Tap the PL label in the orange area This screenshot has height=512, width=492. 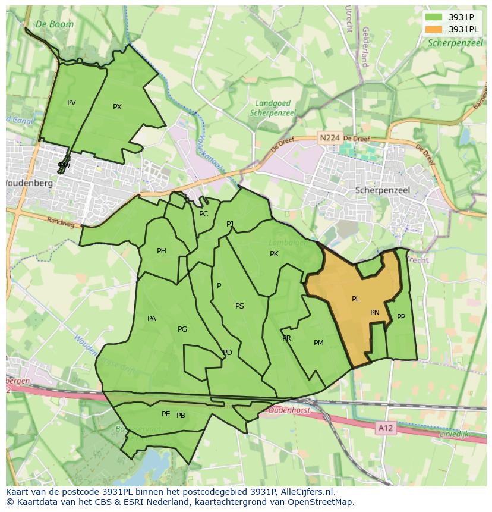[355, 299]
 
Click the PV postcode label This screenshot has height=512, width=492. [71, 103]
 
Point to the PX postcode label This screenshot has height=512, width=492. [117, 107]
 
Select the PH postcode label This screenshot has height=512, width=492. [161, 251]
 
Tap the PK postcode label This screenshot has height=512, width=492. [274, 254]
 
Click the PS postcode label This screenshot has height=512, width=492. [239, 306]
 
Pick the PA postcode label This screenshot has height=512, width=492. [152, 319]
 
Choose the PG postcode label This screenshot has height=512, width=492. [182, 329]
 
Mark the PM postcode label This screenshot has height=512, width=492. [318, 343]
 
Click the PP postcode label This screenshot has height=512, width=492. [401, 317]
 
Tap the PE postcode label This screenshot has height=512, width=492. [166, 414]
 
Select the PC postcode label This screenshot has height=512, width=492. [204, 214]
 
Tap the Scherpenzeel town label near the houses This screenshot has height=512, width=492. [382, 190]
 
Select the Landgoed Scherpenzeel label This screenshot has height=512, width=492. [273, 108]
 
